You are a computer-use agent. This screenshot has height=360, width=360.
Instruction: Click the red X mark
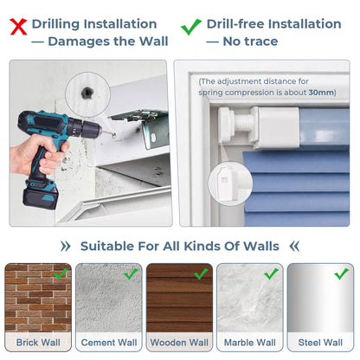[18, 27]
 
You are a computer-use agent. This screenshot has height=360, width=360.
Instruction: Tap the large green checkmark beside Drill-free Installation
[190, 27]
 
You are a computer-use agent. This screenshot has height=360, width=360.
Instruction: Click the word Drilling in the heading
[55, 24]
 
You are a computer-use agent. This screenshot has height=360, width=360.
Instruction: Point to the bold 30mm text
[321, 93]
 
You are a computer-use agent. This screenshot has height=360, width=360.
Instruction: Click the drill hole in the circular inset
[87, 93]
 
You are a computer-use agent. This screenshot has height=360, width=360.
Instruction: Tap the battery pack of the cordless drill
[41, 196]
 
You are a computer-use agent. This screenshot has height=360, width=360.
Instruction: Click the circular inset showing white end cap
[230, 183]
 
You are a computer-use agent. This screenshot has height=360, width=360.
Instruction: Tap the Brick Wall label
[38, 343]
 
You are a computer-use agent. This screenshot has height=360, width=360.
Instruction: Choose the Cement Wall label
[109, 343]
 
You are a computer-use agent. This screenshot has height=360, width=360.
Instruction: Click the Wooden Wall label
[179, 343]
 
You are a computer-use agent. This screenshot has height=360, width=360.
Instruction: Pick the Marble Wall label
[250, 343]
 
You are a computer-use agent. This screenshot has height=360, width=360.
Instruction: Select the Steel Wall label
[320, 343]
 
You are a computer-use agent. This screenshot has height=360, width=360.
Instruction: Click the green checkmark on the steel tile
[341, 273]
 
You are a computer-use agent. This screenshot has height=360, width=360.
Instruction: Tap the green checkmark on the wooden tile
[201, 273]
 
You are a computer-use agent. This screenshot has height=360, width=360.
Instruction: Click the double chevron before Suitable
[66, 247]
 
